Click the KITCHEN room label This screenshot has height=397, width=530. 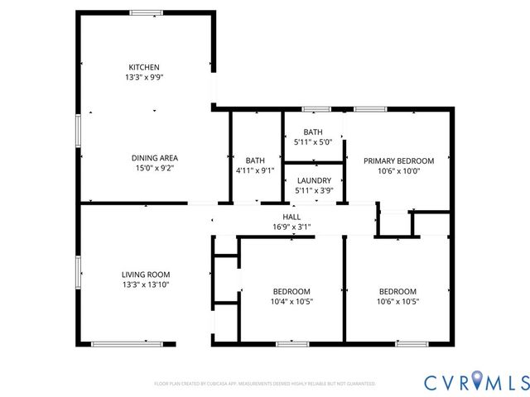click(143, 67)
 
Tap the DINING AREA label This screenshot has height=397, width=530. click(155, 158)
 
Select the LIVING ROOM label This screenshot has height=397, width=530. click(146, 275)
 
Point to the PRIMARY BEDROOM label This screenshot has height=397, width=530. click(399, 161)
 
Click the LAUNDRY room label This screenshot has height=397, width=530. click(314, 181)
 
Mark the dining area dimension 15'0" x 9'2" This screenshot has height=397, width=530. click(155, 168)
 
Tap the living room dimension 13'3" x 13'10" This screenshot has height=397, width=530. click(146, 285)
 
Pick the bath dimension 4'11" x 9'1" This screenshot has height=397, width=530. click(254, 170)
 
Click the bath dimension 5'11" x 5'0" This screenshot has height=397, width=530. click(313, 142)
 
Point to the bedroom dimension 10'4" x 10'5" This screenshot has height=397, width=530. click(291, 301)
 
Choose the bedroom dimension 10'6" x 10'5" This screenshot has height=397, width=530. click(398, 301)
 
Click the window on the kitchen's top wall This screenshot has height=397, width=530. click(146, 12)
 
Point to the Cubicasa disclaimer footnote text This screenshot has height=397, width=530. click(265, 384)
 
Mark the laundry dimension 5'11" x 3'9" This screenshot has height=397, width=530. click(314, 191)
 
